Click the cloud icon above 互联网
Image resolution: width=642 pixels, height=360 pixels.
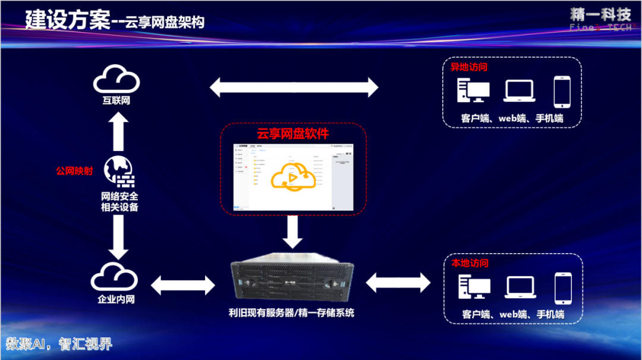116,78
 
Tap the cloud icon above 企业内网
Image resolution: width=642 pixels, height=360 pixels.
115,276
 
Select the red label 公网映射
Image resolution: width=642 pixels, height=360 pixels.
74,171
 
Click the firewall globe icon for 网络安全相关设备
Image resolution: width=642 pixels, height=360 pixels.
119,171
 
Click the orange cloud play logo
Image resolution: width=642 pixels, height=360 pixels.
292,177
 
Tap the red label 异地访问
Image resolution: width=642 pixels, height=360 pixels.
469,67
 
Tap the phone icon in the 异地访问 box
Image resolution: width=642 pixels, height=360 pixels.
562,91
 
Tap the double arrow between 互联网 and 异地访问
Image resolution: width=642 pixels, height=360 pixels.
294,87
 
